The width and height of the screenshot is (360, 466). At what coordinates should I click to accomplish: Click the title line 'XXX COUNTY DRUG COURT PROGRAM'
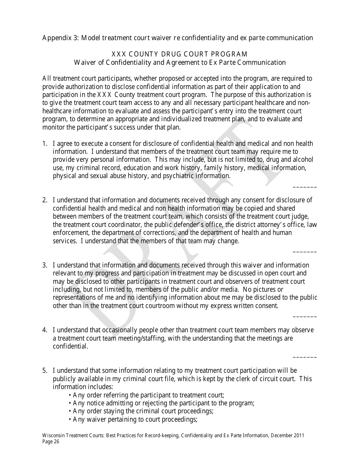click(x=180, y=54)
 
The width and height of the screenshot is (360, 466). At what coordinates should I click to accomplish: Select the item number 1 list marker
click(x=44, y=144)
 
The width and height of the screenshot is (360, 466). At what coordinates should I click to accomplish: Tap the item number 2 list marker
click(x=44, y=200)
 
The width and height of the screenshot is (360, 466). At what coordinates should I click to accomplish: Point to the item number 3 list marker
click(x=44, y=265)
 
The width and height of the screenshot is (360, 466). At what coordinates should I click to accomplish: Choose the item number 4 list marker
click(x=44, y=330)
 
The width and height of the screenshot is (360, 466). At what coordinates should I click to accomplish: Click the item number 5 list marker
click(x=44, y=371)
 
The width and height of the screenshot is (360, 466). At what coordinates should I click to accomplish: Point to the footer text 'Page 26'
click(x=51, y=441)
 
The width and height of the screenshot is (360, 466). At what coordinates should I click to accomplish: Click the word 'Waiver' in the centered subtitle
click(x=86, y=63)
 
